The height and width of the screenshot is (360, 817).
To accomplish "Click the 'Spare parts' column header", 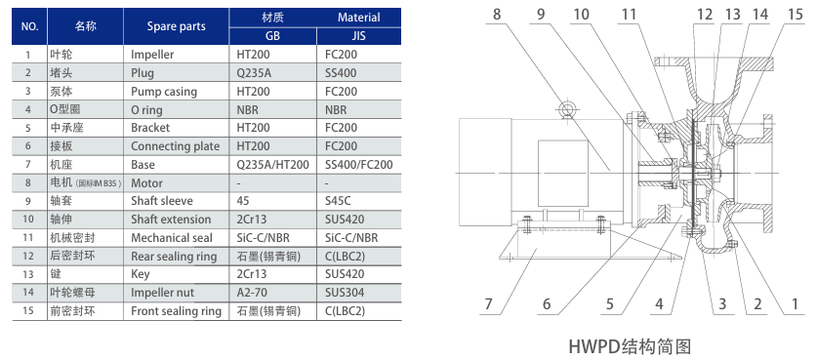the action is tap(176, 26).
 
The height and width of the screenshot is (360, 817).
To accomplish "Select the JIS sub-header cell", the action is tap(358, 36).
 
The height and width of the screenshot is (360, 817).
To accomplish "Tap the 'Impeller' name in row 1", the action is tap(152, 55).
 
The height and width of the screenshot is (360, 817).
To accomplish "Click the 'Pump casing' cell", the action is tap(164, 92).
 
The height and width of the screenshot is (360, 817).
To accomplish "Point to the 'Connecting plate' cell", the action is tap(175, 146).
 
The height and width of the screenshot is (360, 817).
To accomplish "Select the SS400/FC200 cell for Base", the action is tap(359, 165).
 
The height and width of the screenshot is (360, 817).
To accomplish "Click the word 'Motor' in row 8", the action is tap(147, 183).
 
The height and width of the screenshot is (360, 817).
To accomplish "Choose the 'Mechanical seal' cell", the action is tap(172, 238).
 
